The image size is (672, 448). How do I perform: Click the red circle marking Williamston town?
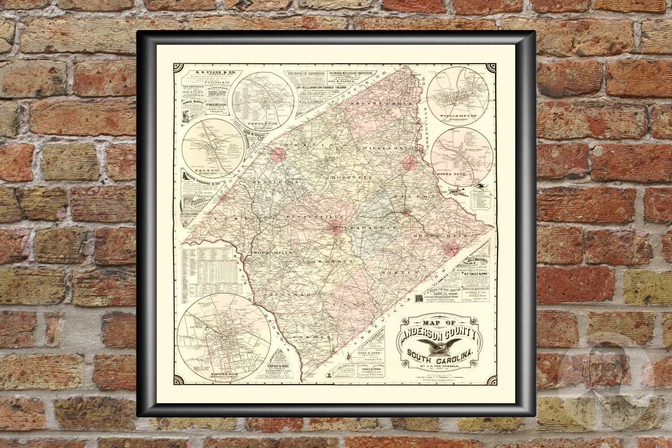pos(410,163)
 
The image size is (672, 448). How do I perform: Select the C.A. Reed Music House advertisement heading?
pos(441,292)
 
